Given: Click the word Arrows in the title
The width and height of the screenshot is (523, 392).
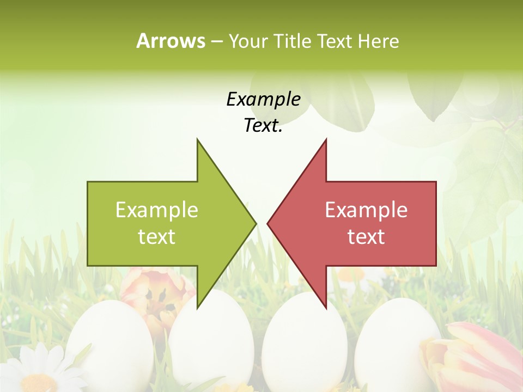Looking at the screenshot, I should (x=170, y=41).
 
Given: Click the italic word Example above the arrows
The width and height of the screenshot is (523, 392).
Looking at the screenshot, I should (x=263, y=99).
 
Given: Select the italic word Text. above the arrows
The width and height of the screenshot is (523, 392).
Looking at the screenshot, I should (x=263, y=125).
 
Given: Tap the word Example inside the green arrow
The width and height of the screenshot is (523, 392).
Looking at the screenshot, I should (x=157, y=210).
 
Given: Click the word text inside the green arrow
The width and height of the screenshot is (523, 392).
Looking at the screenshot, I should (x=157, y=237).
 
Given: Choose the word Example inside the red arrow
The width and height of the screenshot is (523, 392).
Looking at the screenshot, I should (x=366, y=210).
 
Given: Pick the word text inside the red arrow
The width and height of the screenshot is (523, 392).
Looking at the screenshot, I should (x=366, y=237).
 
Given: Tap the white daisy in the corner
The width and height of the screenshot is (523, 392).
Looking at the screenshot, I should (x=33, y=370).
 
